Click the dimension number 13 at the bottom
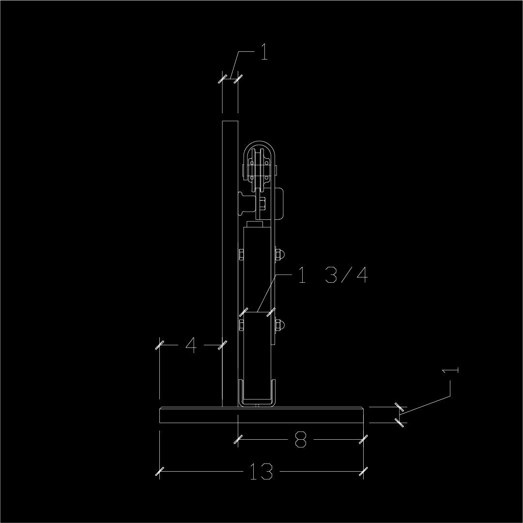point(261,472)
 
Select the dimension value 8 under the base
point(300,440)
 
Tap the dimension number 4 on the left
point(191,345)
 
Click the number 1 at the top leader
point(264,52)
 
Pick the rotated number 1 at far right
point(450,370)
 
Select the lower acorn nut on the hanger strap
point(280,325)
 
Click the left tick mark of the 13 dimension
point(160,471)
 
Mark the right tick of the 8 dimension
point(363,440)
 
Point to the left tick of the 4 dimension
point(160,345)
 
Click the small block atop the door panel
point(255,225)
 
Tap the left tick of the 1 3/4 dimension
point(244,311)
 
